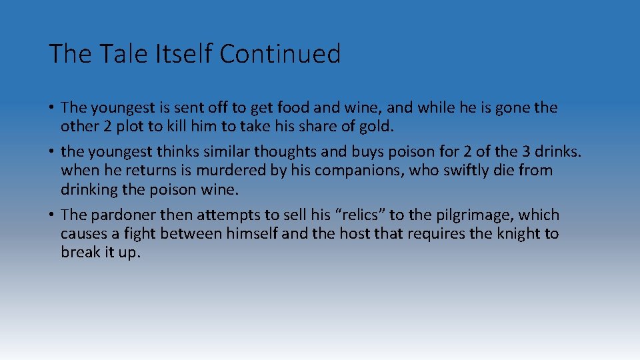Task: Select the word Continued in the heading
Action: (280, 54)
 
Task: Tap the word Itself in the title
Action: (179, 54)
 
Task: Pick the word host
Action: (375, 234)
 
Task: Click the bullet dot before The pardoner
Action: (51, 215)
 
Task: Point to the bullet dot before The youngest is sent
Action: (51, 107)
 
